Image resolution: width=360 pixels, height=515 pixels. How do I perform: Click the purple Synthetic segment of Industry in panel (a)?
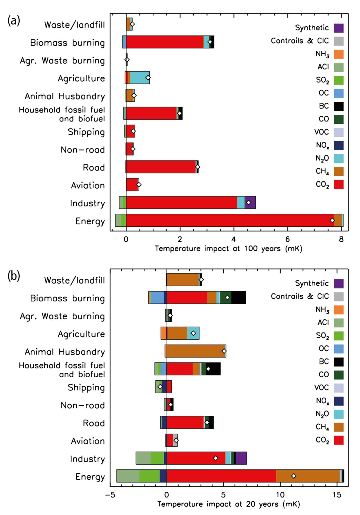coord(252,203)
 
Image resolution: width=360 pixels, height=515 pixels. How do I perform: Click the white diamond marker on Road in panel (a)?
coord(197,167)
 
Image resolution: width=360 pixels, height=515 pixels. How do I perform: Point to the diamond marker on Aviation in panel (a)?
coord(139,185)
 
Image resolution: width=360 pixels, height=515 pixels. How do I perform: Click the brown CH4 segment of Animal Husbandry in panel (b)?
coord(195,351)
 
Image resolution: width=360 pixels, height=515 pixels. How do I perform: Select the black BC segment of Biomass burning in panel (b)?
coord(238,298)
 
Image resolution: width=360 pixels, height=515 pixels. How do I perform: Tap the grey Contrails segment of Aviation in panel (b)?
coord(175,440)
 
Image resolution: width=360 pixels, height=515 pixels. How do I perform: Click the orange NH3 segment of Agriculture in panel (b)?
coord(164,333)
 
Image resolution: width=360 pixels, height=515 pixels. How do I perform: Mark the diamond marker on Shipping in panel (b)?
coord(160,387)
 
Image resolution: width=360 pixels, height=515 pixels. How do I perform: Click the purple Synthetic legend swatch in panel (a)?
coord(339,28)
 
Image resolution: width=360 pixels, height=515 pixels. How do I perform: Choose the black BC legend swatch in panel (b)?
coord(339,362)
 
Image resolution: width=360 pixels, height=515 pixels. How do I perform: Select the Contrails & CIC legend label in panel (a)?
coord(300,41)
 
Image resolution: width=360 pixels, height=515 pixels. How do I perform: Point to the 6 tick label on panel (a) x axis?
coord(287,239)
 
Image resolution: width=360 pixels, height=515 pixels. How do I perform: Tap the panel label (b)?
coord(14,276)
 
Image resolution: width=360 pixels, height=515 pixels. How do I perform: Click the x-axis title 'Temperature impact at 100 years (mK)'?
coord(229,249)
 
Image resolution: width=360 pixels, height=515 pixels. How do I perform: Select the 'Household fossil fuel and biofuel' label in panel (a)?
coord(62,114)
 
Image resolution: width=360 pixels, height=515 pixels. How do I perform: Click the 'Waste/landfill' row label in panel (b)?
coord(75,280)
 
